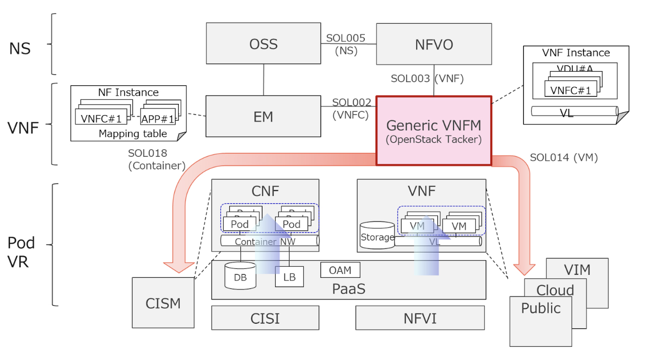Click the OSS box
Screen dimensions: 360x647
pos(264,44)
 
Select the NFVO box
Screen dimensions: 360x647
pos(434,44)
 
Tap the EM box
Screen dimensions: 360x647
pos(264,116)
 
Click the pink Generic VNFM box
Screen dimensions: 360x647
pos(434,131)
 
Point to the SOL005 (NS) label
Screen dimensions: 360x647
pos(346,44)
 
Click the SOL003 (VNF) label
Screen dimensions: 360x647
pos(427,79)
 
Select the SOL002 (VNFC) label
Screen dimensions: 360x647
pos(351,108)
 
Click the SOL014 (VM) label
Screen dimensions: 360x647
pos(563,157)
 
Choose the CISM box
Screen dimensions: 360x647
pos(163,303)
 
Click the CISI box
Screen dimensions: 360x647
pos(265,318)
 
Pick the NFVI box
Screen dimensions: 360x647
pos(420,318)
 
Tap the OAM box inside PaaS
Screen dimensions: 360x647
pos(340,270)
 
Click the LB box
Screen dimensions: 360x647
pos(289,277)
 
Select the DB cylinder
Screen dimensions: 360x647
pos(240,276)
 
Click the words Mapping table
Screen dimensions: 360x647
pos(133,134)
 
